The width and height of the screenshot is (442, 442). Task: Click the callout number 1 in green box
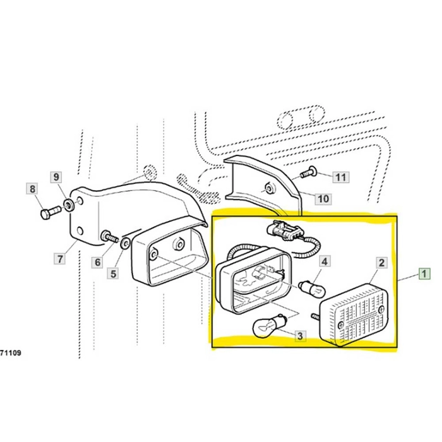tap(424, 274)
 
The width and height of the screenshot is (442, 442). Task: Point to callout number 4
tap(324, 261)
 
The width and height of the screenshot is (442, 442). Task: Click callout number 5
tap(114, 273)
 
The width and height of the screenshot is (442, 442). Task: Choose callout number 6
tap(99, 261)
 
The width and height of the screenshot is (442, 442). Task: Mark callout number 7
tap(60, 258)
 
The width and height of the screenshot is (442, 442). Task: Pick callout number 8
tap(31, 188)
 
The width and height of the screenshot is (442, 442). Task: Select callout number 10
tap(323, 199)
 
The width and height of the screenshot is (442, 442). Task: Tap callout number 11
tap(340, 177)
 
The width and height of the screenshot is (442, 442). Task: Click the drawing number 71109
tap(11, 353)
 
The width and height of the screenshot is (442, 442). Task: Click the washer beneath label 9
tap(67, 205)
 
